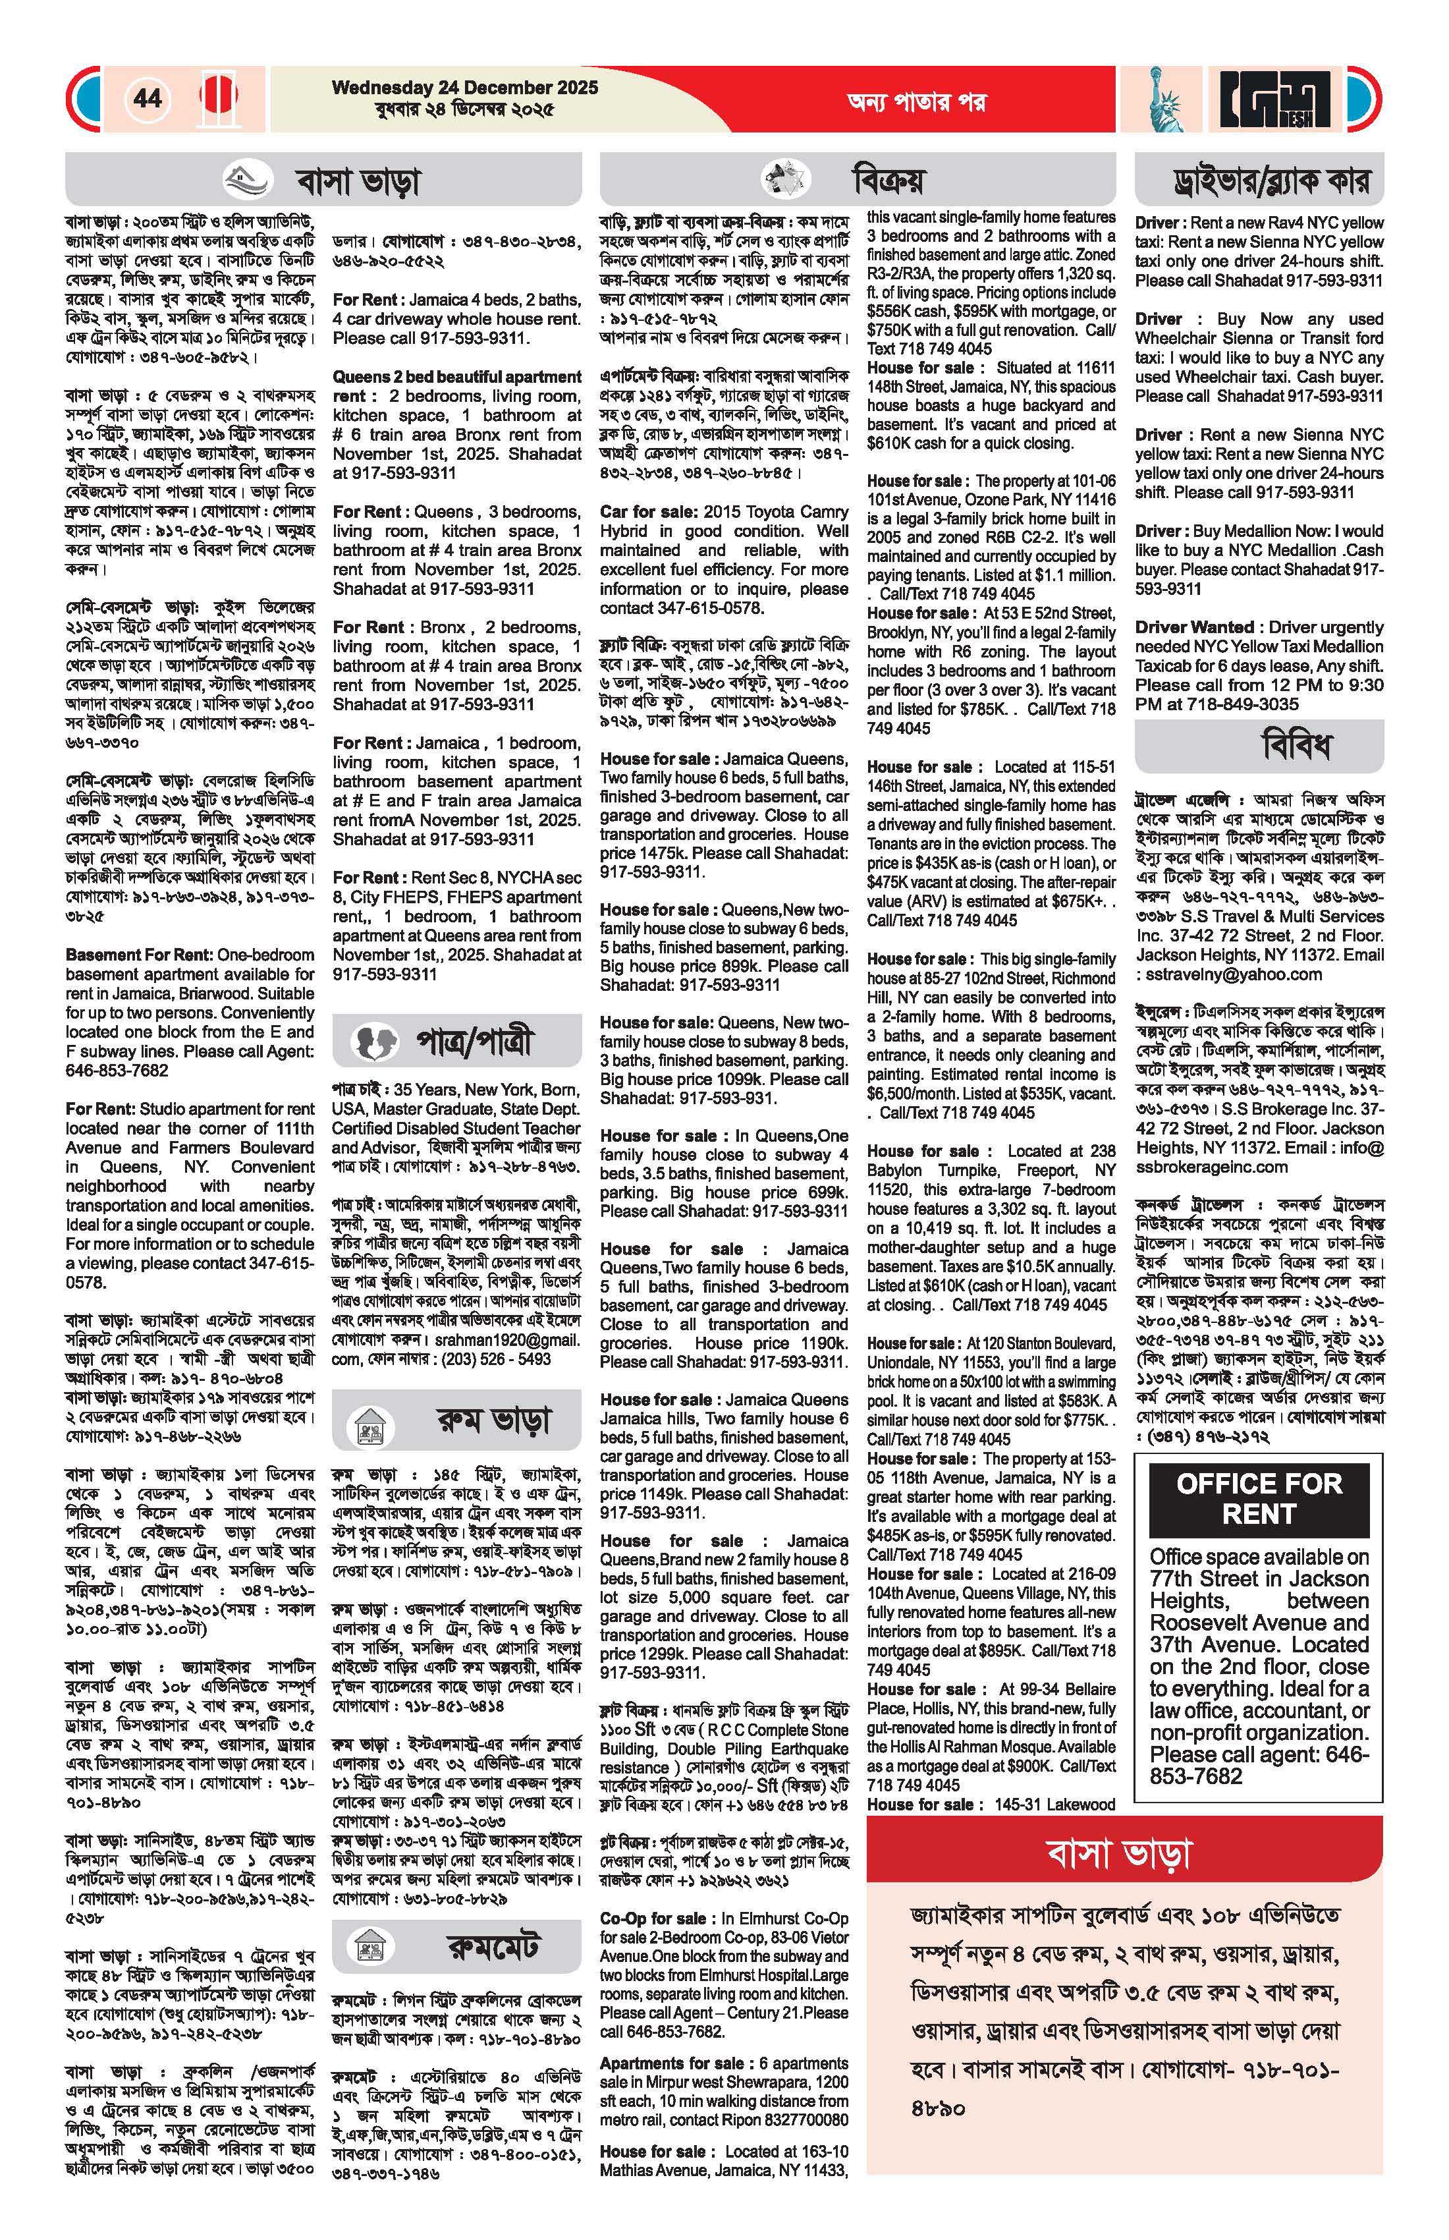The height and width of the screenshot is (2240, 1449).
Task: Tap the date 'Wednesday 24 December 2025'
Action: (465, 88)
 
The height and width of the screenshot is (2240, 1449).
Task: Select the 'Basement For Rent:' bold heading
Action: (139, 955)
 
